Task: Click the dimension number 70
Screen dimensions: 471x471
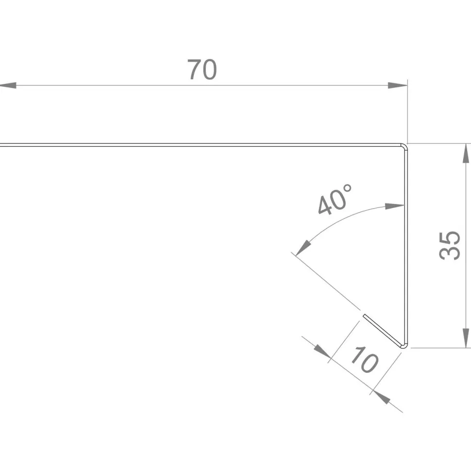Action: tap(202, 69)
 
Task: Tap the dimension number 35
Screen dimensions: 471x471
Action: tap(450, 245)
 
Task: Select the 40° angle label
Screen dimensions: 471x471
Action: tap(335, 200)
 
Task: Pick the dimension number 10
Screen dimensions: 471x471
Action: tap(364, 360)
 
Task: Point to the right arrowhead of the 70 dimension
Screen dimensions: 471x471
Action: tap(397, 85)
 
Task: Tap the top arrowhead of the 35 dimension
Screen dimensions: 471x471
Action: tap(466, 153)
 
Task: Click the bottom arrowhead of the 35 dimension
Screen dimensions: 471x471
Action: tap(466, 338)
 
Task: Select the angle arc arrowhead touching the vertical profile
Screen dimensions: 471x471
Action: tap(394, 206)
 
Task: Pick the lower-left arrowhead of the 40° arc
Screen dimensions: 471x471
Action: tap(303, 248)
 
